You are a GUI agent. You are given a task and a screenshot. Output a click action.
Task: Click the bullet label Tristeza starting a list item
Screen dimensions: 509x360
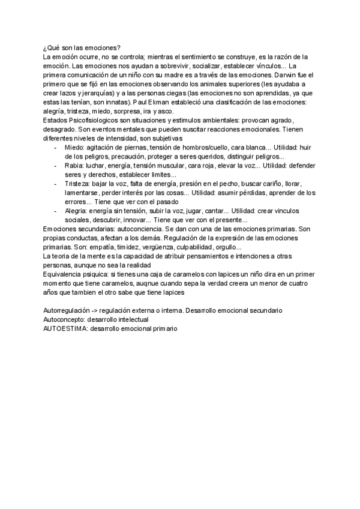[x=79, y=184]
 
